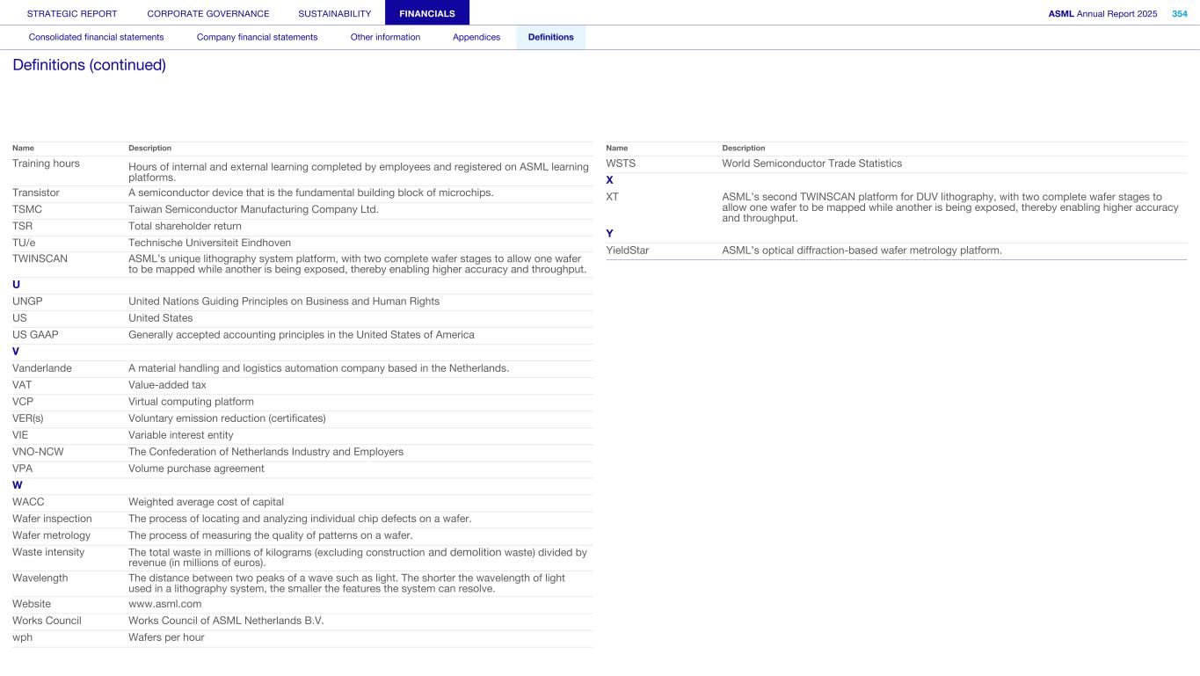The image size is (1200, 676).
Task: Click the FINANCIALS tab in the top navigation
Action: click(x=426, y=13)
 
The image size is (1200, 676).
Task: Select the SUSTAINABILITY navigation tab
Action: click(x=334, y=13)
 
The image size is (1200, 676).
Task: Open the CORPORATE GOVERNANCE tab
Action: click(x=208, y=13)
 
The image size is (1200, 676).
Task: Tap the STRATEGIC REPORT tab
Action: click(x=72, y=13)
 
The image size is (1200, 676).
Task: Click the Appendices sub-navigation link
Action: click(x=476, y=37)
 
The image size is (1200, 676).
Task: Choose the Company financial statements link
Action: click(x=257, y=37)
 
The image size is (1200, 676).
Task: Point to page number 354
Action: click(x=1179, y=13)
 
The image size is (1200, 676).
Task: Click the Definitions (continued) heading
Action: click(x=89, y=65)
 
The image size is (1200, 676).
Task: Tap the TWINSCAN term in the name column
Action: click(x=40, y=258)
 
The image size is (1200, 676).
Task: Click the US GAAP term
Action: click(x=35, y=334)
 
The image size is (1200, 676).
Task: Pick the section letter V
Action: click(x=16, y=352)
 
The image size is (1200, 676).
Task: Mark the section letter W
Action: click(x=17, y=485)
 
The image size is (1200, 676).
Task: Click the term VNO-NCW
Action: click(x=38, y=452)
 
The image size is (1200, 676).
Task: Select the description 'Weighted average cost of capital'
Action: click(x=206, y=502)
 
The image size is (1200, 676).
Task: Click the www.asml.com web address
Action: click(x=164, y=604)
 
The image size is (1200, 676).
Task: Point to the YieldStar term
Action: click(x=628, y=251)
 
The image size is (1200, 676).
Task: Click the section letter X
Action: click(x=609, y=180)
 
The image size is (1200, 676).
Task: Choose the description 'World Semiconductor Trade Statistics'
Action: click(x=811, y=164)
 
